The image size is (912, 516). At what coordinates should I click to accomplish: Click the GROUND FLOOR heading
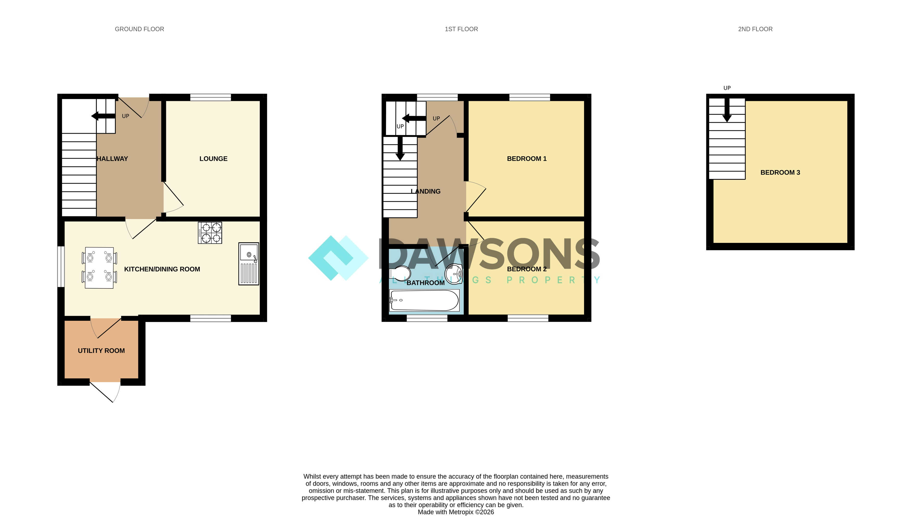pyautogui.click(x=139, y=29)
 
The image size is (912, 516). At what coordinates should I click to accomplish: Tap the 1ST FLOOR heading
pyautogui.click(x=461, y=29)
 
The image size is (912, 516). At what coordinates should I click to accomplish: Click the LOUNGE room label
pyautogui.click(x=213, y=159)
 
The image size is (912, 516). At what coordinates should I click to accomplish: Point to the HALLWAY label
pyautogui.click(x=112, y=159)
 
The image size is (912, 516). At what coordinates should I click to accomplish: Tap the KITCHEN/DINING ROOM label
pyautogui.click(x=162, y=269)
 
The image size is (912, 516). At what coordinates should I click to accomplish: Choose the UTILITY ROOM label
pyautogui.click(x=101, y=351)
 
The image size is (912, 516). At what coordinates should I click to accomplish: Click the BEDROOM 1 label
pyautogui.click(x=527, y=159)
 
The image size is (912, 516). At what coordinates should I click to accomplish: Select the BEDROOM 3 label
pyautogui.click(x=780, y=173)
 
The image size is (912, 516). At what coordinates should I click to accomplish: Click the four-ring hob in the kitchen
pyautogui.click(x=210, y=233)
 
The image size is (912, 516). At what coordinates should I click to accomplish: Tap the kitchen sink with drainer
pyautogui.click(x=249, y=264)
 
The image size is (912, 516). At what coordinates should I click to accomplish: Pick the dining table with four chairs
pyautogui.click(x=99, y=268)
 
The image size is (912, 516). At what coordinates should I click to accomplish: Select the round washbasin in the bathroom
pyautogui.click(x=454, y=274)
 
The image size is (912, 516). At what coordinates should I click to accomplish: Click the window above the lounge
pyautogui.click(x=210, y=98)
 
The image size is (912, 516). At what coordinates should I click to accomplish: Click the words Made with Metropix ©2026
pyautogui.click(x=456, y=512)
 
